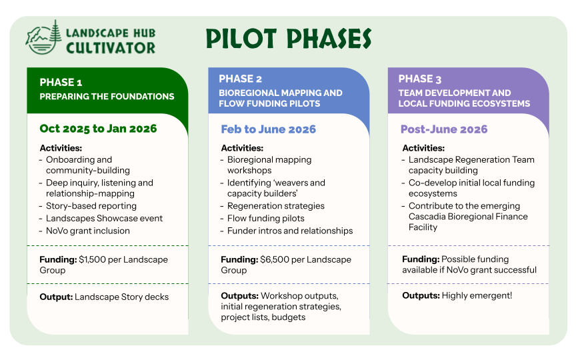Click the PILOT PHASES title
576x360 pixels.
289,39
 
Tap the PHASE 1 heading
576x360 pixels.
61,82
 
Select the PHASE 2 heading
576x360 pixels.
240,79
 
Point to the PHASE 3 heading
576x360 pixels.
420,79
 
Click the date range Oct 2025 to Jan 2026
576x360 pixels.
98,129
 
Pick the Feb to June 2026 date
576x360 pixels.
268,129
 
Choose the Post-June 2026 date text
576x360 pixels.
444,129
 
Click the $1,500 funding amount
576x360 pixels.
92,260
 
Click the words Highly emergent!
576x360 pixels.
477,296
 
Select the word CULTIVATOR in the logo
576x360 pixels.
111,48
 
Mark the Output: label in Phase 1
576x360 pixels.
56,297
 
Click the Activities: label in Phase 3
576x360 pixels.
423,148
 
